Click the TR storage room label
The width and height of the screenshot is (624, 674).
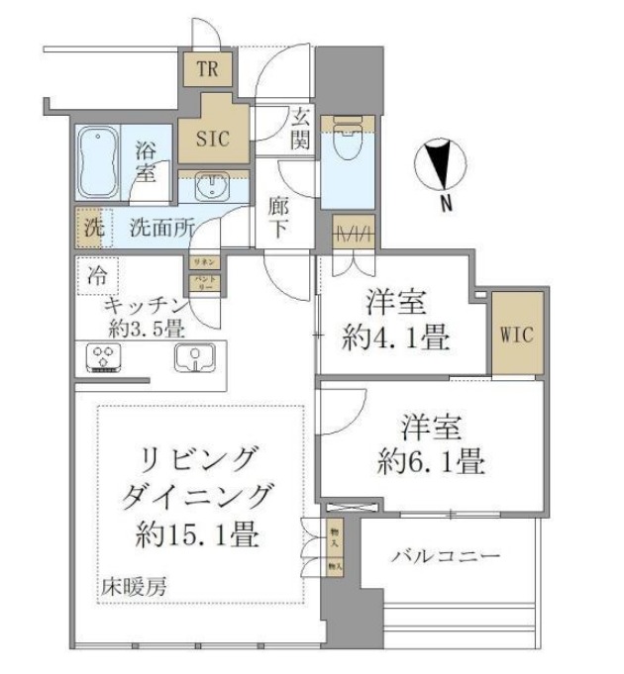point(207,69)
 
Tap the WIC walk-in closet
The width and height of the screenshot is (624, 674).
point(518,335)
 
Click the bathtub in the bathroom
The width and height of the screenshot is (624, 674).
point(99,164)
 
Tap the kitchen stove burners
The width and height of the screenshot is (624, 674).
point(101,357)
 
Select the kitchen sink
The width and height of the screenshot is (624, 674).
point(195,359)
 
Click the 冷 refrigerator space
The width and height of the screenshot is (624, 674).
point(96,270)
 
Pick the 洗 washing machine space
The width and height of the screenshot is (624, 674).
point(91,227)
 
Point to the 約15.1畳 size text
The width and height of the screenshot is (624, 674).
point(198,535)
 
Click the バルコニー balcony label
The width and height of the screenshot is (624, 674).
point(444,556)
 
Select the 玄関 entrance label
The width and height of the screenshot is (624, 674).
point(300,129)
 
